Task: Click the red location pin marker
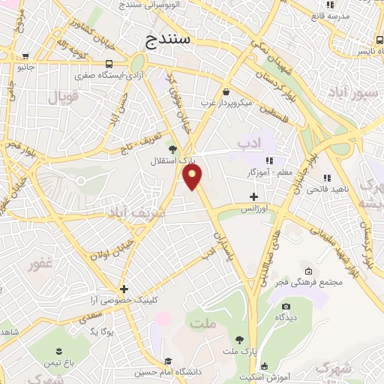[193, 177]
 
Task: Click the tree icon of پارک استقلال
[173, 149]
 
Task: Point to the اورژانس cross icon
[253, 196]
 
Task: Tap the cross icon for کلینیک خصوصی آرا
[124, 289]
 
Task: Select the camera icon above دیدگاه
[285, 306]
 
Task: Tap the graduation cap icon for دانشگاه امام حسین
[167, 361]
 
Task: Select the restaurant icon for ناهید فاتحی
[326, 178]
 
